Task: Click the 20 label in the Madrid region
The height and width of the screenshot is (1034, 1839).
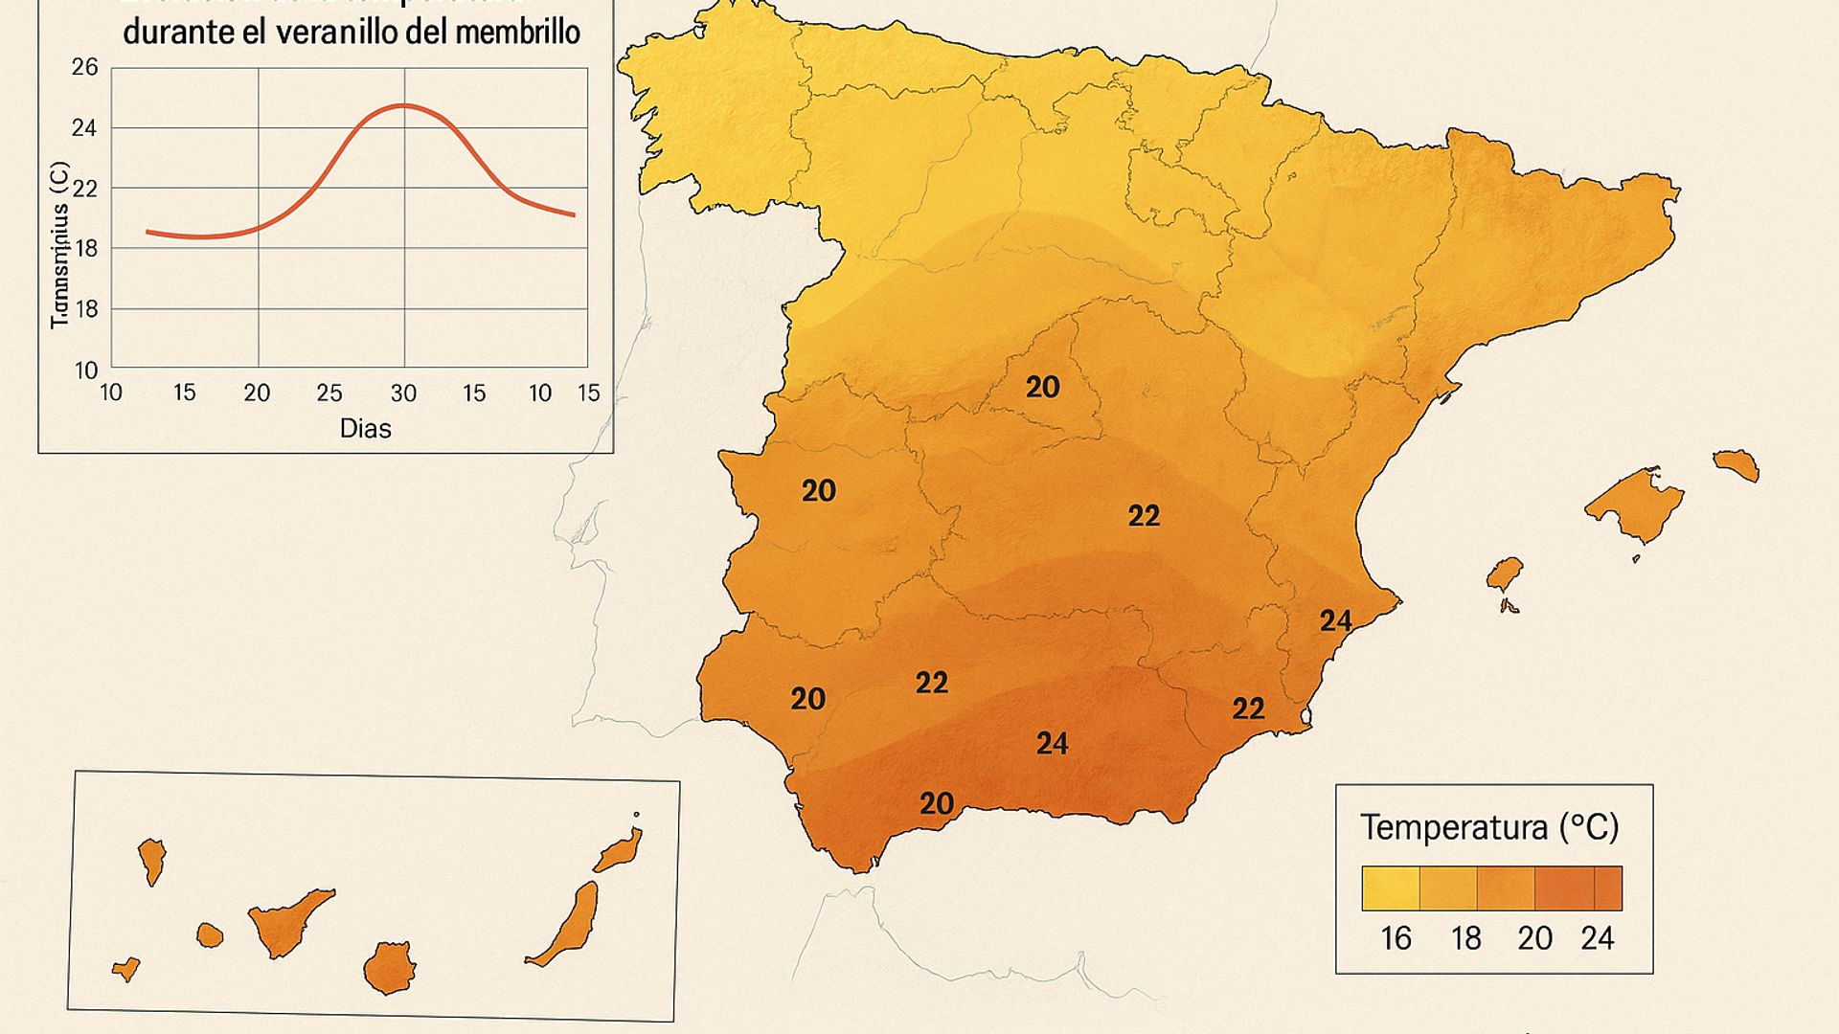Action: point(1042,387)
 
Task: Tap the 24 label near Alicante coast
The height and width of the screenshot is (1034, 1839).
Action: point(1335,620)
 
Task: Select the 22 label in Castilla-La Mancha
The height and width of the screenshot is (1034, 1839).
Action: point(1144,516)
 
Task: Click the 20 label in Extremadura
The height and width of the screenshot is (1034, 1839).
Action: point(818,490)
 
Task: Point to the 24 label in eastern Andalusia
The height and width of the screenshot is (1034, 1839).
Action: point(1052,743)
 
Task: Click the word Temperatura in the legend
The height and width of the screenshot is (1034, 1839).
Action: point(1453,827)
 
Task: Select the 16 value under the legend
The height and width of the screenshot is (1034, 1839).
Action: point(1396,938)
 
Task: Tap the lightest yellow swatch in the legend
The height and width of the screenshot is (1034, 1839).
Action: point(1390,888)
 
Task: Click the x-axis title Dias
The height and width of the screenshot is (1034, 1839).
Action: point(365,428)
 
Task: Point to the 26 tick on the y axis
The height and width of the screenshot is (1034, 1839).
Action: point(84,67)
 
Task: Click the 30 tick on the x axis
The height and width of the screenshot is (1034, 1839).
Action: point(403,393)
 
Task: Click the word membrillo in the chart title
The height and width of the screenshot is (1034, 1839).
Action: point(517,33)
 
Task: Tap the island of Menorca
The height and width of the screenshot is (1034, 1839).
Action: point(1737,465)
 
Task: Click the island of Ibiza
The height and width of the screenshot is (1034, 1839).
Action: point(1505,574)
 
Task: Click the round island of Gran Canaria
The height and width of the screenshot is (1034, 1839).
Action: point(389,968)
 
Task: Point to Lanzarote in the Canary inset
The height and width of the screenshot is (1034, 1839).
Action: point(621,850)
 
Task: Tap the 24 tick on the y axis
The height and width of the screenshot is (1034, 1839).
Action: point(84,127)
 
